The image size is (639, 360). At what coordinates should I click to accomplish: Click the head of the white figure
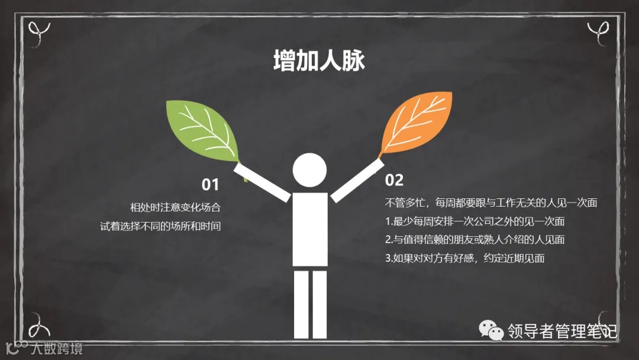309,170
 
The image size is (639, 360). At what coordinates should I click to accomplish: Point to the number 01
210,185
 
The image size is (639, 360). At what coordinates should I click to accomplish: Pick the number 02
394,180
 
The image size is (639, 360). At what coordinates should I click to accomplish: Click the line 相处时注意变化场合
175,207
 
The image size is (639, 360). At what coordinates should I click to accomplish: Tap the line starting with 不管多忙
491,202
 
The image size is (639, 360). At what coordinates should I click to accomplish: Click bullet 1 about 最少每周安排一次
475,221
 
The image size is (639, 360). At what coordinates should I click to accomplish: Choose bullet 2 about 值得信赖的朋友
475,239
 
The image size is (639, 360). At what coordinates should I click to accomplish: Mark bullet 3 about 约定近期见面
464,258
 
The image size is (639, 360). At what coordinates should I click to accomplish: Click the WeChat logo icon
490,331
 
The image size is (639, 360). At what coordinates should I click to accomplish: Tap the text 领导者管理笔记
562,331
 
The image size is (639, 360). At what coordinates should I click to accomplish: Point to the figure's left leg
301,308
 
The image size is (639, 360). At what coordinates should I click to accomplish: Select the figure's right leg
319,308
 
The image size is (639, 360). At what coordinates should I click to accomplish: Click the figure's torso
309,228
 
